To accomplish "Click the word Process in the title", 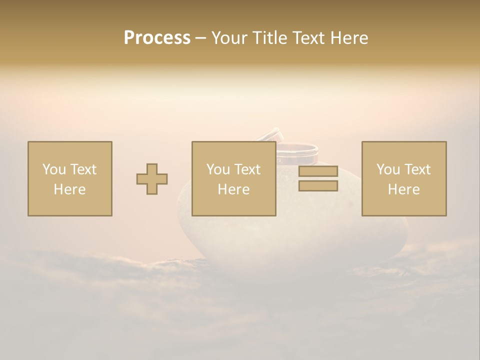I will (157, 38).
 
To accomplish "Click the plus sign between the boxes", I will (152, 179).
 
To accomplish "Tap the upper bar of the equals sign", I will (318, 171).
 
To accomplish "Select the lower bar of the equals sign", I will (318, 186).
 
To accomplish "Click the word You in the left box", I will (54, 169).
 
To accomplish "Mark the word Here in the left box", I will (69, 189).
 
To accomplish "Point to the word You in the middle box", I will (218, 169).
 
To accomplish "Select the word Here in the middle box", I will (233, 189).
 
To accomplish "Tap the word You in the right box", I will (388, 169).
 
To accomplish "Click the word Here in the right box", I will (403, 189).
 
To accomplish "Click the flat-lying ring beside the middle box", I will (297, 154).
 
